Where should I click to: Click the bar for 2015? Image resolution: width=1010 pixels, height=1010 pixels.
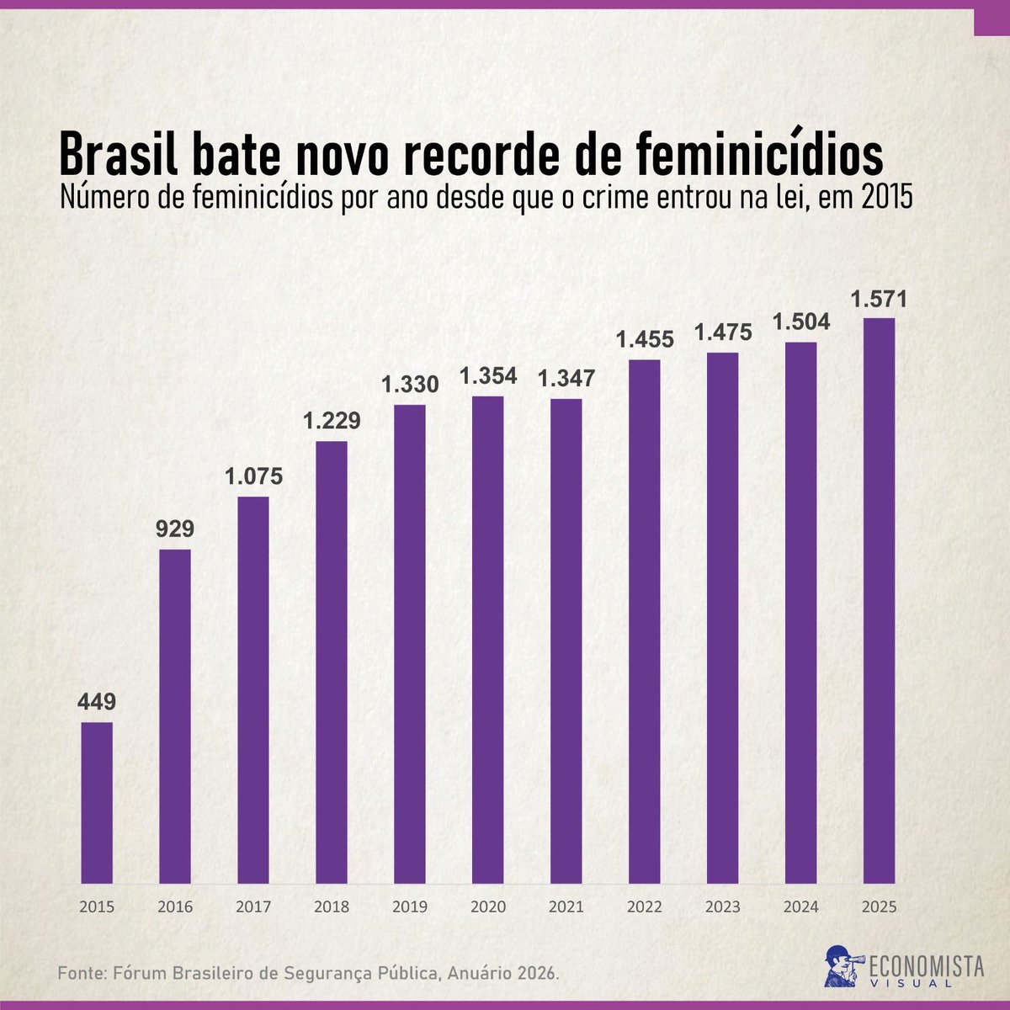click(x=97, y=803)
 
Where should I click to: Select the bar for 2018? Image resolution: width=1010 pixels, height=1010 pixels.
click(x=332, y=662)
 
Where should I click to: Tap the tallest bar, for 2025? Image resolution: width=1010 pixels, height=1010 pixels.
click(x=879, y=601)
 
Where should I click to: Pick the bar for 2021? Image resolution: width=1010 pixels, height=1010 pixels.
click(x=566, y=641)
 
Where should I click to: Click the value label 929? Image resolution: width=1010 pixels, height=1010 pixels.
click(x=175, y=529)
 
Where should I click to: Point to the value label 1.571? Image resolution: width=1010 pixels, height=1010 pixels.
click(x=879, y=300)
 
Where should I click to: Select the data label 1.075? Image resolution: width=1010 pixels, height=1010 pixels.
click(x=253, y=476)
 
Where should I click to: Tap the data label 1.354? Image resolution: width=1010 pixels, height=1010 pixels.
click(x=488, y=375)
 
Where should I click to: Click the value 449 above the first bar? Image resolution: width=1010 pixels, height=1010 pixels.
click(x=97, y=702)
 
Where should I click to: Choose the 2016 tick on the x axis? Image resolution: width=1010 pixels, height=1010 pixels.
click(x=175, y=906)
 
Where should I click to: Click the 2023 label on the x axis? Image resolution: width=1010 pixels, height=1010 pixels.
click(x=723, y=906)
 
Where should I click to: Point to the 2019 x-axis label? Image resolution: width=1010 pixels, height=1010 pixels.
click(x=410, y=906)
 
